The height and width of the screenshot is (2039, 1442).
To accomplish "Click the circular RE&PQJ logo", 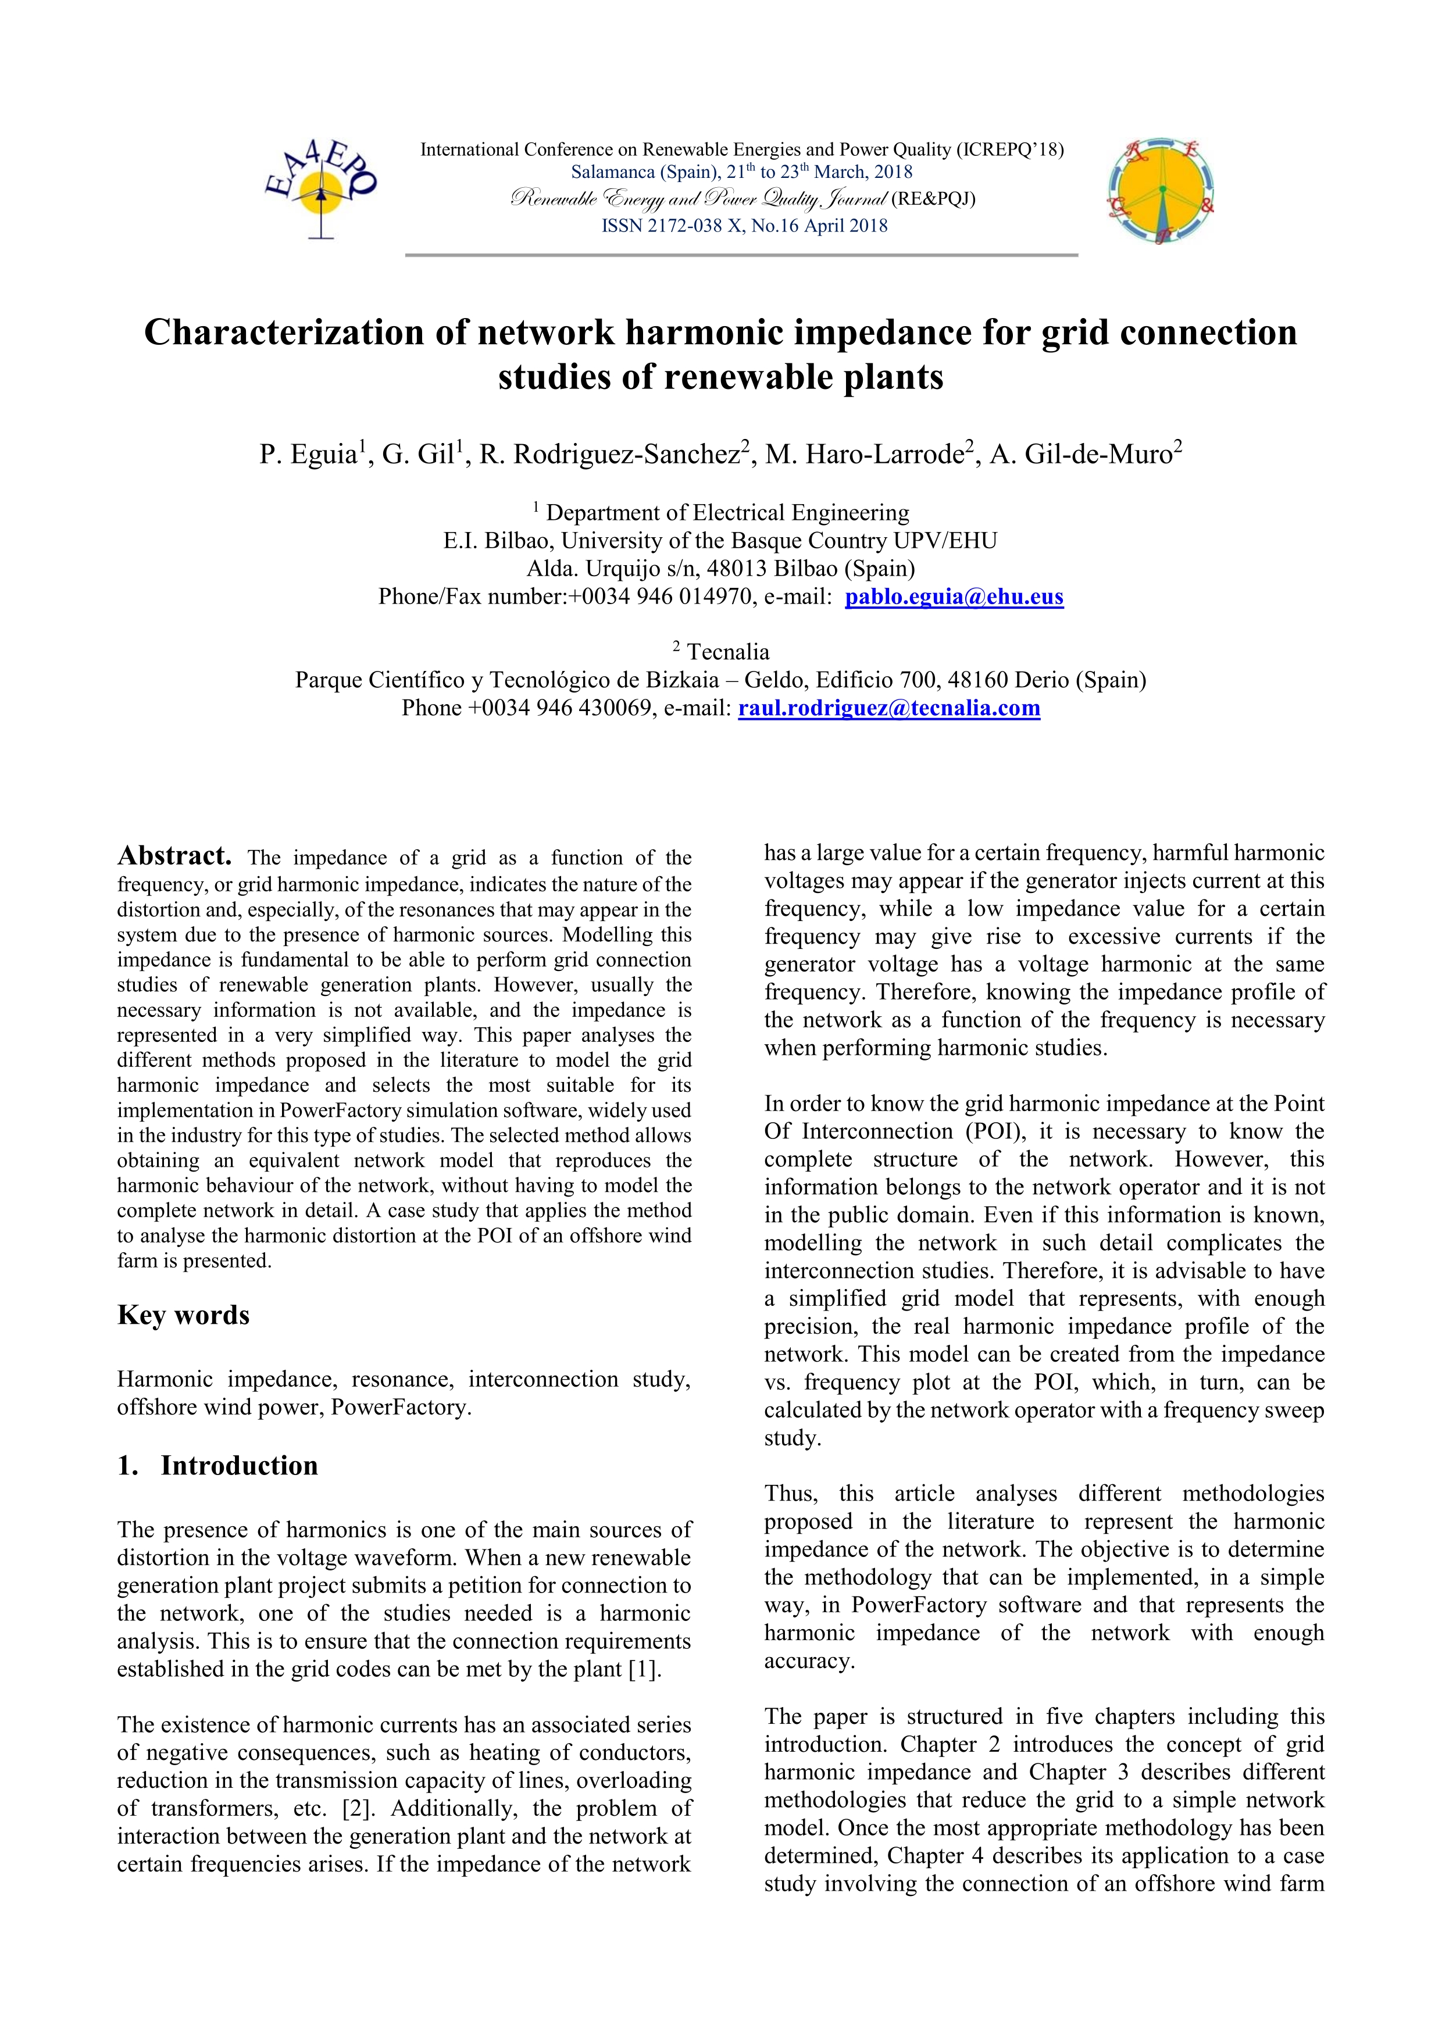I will pyautogui.click(x=1161, y=191).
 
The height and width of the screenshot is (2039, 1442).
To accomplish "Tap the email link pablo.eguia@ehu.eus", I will pyautogui.click(x=954, y=597).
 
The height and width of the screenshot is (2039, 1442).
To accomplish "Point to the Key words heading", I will pyautogui.click(x=183, y=1315).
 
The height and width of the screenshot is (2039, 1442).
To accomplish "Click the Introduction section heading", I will pyautogui.click(x=238, y=1465).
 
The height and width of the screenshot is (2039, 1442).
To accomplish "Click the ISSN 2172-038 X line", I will pyautogui.click(x=744, y=226).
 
